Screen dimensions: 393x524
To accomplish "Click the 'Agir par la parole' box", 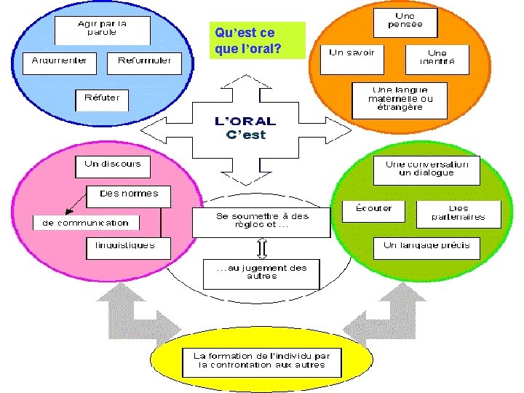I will click(103, 30).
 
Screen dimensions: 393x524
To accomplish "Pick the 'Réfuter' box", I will click(103, 99).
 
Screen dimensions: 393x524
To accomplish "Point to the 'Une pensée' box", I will click(405, 22).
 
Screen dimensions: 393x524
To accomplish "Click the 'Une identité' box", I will click(437, 58).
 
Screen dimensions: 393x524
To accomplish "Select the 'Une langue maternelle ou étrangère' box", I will click(400, 100).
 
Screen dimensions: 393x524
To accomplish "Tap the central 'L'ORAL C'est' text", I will click(246, 128).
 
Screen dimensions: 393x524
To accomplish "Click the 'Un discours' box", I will click(113, 166).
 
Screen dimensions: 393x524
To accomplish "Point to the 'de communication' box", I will click(86, 223).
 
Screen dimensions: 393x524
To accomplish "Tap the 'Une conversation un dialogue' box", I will click(426, 170).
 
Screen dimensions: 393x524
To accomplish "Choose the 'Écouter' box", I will click(373, 211).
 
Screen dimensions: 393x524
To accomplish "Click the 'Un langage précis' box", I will click(426, 247).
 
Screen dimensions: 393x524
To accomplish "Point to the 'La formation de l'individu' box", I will click(261, 361).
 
